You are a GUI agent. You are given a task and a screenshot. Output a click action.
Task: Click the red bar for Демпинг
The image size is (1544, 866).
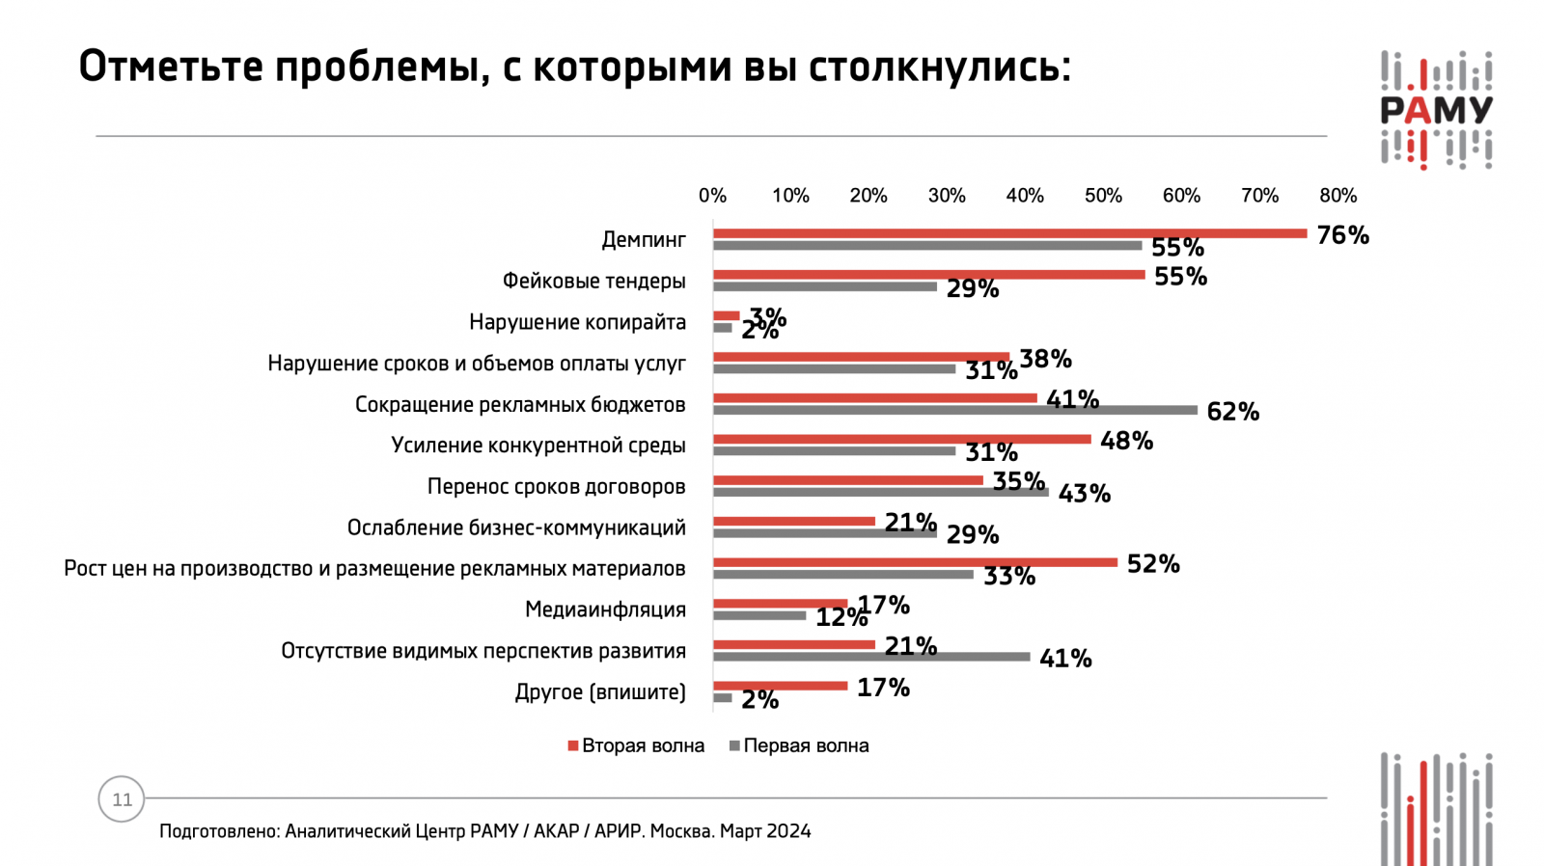[x=1009, y=233]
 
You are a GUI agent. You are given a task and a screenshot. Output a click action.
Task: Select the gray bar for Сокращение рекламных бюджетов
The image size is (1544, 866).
[x=954, y=410]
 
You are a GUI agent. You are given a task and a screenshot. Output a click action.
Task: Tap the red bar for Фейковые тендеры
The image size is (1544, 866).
[x=928, y=275]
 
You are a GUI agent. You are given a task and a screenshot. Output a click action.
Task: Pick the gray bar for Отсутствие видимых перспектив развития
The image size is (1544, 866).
[x=870, y=657]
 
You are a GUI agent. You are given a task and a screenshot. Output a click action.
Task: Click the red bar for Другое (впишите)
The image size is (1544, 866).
[x=780, y=686]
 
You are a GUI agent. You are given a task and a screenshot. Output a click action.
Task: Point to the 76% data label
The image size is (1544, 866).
[x=1342, y=235]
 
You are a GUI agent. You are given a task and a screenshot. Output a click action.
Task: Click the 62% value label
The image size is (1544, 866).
[x=1232, y=412]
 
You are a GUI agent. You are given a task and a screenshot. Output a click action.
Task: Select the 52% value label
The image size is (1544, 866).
[x=1153, y=564]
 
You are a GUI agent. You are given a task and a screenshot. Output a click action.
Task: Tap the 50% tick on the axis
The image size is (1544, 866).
[x=1103, y=196]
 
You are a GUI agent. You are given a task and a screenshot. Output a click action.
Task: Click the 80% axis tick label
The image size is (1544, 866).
[x=1337, y=196]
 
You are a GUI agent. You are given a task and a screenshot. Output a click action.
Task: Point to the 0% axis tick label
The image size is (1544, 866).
[x=712, y=196]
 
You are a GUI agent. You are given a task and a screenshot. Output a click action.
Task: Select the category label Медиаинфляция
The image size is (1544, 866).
[x=605, y=609]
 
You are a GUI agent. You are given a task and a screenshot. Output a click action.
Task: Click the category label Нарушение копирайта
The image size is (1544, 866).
[x=577, y=322]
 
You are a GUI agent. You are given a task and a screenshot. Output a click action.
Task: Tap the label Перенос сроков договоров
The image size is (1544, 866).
[x=556, y=486]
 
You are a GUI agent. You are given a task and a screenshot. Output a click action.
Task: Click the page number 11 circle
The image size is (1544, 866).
[x=122, y=799]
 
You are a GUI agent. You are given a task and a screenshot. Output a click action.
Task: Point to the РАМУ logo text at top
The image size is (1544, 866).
[x=1436, y=110]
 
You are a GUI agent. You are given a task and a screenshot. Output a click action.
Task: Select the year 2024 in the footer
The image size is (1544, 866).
[x=788, y=831]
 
